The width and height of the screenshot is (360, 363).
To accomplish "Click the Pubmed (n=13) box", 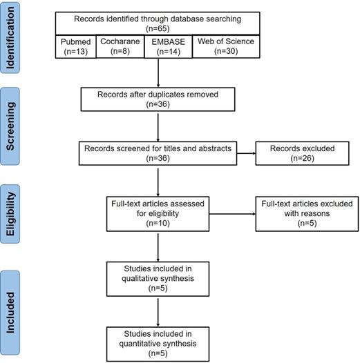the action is point(75,46).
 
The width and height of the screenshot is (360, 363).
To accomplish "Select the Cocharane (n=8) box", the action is point(120,46).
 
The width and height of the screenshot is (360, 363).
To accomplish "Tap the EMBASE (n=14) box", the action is point(169,46).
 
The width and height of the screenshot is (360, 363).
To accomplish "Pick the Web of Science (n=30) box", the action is point(226,46).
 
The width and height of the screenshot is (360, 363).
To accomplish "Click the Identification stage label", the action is point(10,38).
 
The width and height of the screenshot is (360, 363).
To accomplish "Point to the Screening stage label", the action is point(10,126).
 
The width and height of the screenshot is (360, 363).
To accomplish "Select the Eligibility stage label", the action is point(10,214).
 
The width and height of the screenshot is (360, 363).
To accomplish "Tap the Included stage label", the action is point(10,313).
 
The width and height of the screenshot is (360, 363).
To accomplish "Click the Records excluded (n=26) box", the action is point(302,153).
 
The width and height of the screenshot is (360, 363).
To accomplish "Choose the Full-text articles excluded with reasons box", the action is point(307,214).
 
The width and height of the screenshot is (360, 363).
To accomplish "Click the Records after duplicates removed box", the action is point(158,99).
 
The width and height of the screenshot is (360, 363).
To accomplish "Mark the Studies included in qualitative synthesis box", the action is point(158,279).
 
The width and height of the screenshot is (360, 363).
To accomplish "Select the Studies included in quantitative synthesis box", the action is point(158,344).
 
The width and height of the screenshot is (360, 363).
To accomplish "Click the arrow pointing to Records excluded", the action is point(246,153).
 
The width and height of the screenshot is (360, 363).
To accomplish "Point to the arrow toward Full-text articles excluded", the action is point(232,214).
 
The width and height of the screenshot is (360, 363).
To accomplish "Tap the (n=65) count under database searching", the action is point(158,28).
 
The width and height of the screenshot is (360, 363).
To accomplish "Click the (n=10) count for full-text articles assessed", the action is point(158,223).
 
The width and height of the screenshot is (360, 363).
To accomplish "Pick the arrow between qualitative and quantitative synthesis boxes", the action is point(158,312).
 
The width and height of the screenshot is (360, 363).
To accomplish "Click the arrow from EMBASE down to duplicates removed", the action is point(158,73).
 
